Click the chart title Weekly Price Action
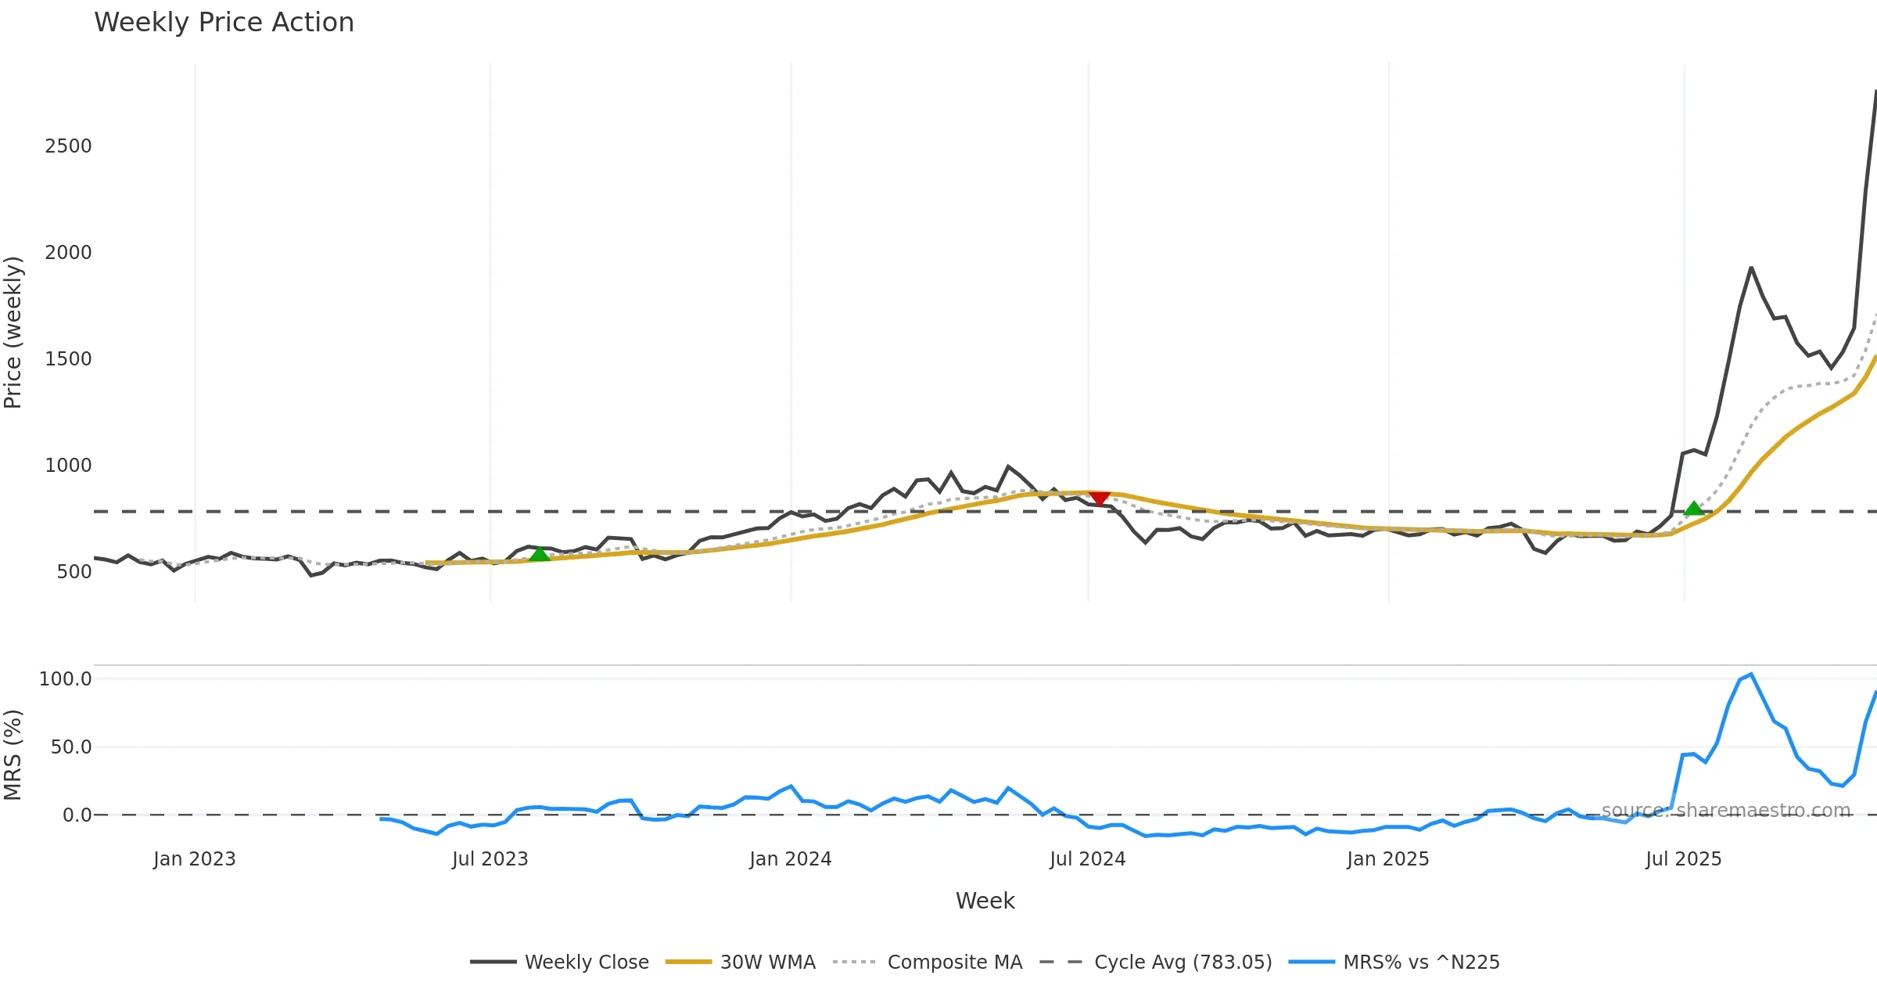[x=224, y=23]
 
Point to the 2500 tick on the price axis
[x=68, y=146]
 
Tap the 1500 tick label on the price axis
[x=68, y=359]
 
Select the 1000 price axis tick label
[x=68, y=466]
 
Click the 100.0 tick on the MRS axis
[x=66, y=679]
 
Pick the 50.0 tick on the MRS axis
[x=71, y=747]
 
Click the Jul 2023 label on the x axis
[x=490, y=859]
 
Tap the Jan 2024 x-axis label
[x=790, y=859]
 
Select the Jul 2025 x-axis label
[x=1683, y=859]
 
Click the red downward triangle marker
[x=1100, y=498]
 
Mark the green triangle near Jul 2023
[x=540, y=554]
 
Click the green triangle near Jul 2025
[x=1693, y=509]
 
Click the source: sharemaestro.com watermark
[x=1726, y=810]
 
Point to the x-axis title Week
[x=985, y=901]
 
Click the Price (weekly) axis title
[x=13, y=333]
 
